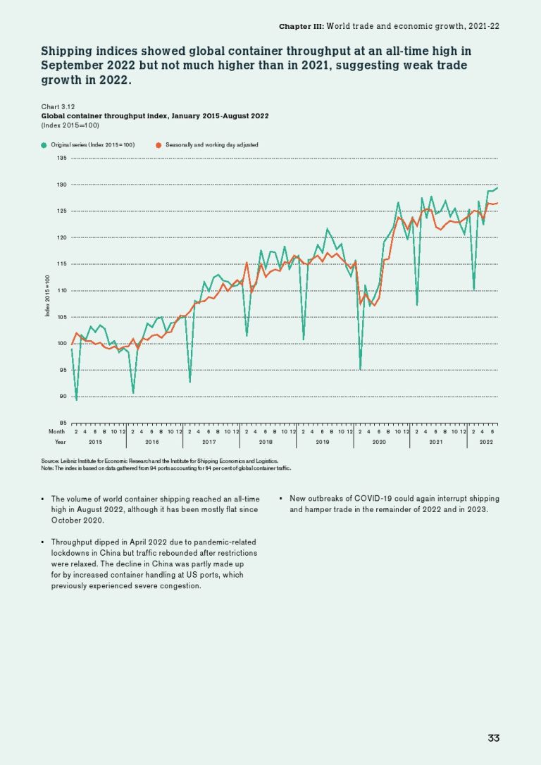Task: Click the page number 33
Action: pos(493,738)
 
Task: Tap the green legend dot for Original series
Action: pos(44,144)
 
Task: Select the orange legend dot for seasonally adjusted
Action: pos(158,144)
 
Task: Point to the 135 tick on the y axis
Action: pos(61,158)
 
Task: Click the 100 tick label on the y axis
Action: pos(61,344)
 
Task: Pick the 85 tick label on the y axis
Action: pos(62,423)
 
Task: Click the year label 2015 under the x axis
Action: pos(95,442)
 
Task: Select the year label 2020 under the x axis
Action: pos(379,442)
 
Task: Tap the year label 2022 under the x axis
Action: pos(486,442)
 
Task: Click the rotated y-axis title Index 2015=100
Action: pos(47,296)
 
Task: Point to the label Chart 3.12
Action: pos(56,106)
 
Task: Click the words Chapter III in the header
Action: pos(301,25)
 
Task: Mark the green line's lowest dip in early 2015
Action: pos(77,399)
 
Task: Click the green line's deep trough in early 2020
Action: pos(361,368)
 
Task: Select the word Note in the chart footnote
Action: pos(49,467)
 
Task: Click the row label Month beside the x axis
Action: pos(56,430)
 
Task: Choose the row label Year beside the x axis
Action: pos(59,442)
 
